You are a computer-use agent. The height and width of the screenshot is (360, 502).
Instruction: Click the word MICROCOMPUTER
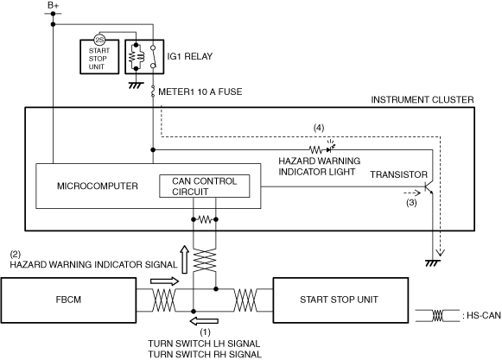coord(98,186)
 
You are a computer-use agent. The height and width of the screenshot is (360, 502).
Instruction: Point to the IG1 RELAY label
coord(190,56)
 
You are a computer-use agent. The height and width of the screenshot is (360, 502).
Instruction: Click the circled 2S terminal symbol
coord(99,40)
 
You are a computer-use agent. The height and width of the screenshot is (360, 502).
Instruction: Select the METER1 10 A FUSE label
coord(200,92)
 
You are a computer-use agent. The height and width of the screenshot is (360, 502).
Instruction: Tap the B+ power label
coord(53,5)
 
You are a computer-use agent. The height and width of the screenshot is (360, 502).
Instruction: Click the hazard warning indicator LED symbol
coord(330,148)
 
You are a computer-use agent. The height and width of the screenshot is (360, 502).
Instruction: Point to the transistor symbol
coord(429,188)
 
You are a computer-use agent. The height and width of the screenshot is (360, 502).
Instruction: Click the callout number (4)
coord(319,128)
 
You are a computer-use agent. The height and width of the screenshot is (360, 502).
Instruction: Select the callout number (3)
coord(411,203)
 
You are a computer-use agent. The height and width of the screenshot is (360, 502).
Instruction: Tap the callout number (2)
coord(16,255)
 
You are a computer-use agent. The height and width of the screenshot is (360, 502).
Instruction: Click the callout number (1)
coord(206,332)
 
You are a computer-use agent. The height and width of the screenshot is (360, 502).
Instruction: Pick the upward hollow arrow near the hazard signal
coord(184,260)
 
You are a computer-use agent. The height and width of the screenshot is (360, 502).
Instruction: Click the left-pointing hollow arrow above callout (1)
coord(204,321)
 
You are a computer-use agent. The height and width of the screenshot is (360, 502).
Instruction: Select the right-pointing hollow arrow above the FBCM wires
coord(164,281)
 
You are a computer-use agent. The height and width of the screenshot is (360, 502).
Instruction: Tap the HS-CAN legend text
coord(481,315)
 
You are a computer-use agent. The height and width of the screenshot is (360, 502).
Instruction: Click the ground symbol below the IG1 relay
coord(136,85)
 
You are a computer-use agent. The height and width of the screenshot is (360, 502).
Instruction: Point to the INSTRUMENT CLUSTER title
coord(423,100)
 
